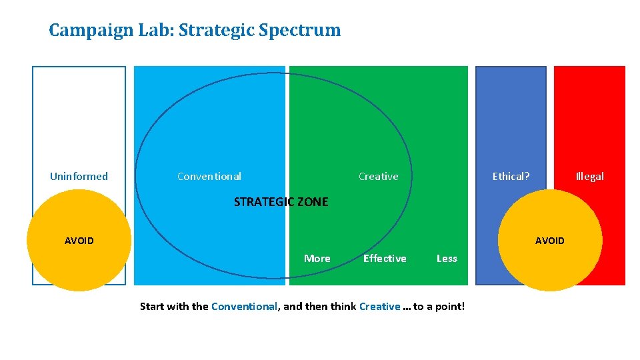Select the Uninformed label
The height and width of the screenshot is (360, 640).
pyautogui.click(x=79, y=177)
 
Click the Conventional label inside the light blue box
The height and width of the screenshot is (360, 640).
pyautogui.click(x=209, y=177)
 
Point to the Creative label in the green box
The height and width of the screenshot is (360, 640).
pyautogui.click(x=378, y=177)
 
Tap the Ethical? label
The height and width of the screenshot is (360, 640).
pyautogui.click(x=511, y=177)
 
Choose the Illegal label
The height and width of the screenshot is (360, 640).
pyautogui.click(x=589, y=177)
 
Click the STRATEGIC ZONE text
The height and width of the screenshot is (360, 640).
pyautogui.click(x=281, y=202)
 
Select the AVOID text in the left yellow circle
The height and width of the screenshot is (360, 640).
pyautogui.click(x=79, y=241)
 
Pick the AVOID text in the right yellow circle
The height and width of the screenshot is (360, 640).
pyautogui.click(x=549, y=241)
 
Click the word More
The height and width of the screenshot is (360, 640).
pyautogui.click(x=317, y=259)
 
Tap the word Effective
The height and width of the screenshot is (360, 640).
pyautogui.click(x=385, y=259)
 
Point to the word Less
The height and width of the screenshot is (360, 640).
pyautogui.click(x=447, y=259)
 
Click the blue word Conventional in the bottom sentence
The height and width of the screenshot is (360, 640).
pyautogui.click(x=244, y=307)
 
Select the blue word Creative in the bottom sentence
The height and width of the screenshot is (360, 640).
pyautogui.click(x=379, y=307)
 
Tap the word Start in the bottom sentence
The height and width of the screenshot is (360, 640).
pyautogui.click(x=153, y=307)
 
